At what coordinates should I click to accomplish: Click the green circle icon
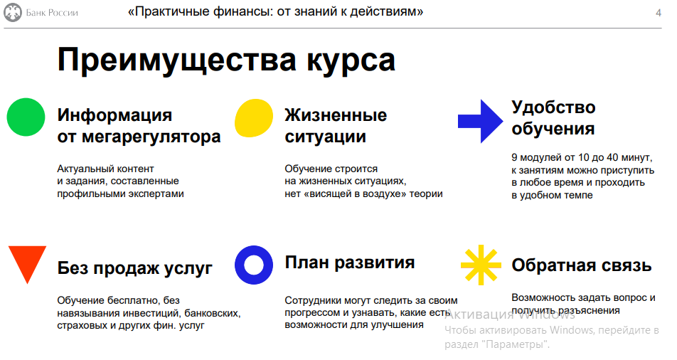(26, 117)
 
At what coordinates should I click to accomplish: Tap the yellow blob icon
(254, 118)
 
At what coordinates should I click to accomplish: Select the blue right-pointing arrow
(481, 121)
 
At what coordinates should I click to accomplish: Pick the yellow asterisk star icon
(481, 265)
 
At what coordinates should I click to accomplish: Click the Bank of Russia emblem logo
(13, 13)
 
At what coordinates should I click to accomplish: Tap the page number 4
(658, 13)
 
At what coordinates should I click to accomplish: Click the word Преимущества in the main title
(176, 60)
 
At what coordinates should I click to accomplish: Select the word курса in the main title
(351, 61)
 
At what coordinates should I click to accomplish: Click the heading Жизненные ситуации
(336, 126)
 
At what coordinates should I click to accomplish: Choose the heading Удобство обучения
(553, 118)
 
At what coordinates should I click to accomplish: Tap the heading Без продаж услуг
(134, 268)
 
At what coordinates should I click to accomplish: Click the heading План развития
(350, 263)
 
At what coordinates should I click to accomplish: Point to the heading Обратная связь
(582, 265)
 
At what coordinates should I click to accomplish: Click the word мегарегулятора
(151, 137)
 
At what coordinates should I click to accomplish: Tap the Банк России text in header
(52, 13)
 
